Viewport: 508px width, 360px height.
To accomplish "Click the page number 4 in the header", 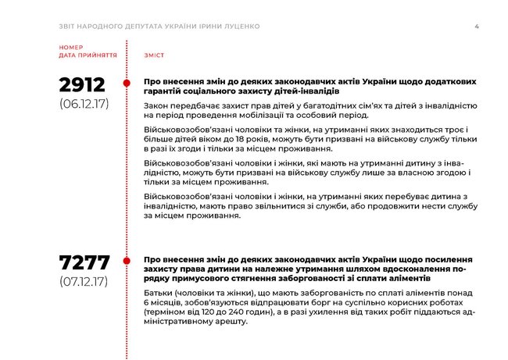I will (477, 27).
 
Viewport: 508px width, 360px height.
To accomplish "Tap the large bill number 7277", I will (84, 262).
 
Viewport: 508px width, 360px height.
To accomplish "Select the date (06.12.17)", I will (84, 102).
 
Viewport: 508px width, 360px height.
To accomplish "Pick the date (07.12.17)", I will (84, 280).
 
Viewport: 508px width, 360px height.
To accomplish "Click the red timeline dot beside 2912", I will (127, 83).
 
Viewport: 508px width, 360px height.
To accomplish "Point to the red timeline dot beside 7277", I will (127, 260).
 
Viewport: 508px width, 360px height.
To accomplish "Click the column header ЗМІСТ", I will (153, 56).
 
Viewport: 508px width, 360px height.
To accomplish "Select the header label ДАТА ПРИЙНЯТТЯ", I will (88, 56).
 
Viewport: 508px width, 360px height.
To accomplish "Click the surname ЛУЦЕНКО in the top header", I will (240, 27).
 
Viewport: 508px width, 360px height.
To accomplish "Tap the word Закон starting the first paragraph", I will (159, 105).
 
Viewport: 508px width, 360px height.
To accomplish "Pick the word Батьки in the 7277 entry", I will (161, 292).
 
